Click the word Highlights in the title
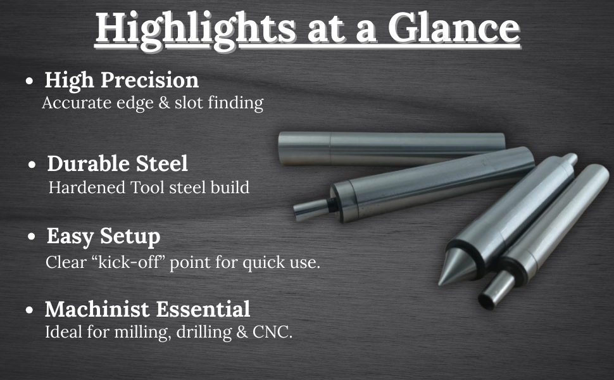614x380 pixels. (x=195, y=29)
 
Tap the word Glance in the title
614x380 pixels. (x=453, y=27)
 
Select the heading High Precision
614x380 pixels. (x=122, y=80)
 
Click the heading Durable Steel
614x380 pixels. (x=118, y=163)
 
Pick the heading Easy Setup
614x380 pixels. (x=103, y=237)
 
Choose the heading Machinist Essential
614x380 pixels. (x=147, y=309)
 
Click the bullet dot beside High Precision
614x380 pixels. (x=29, y=81)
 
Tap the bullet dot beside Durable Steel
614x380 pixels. (x=32, y=165)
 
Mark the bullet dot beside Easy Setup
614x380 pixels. (x=32, y=237)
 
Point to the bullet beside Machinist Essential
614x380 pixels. (x=29, y=310)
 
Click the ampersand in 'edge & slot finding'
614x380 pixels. (x=165, y=103)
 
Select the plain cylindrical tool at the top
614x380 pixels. (x=392, y=148)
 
